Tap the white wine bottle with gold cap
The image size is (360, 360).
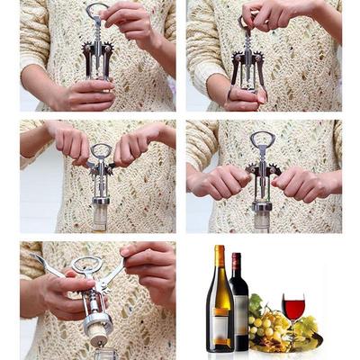tap(220, 306)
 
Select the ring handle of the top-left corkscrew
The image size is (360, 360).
tap(96, 11)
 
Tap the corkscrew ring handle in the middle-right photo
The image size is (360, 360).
tap(263, 139)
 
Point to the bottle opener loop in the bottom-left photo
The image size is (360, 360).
tap(86, 265)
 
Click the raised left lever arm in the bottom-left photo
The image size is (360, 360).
tap(45, 263)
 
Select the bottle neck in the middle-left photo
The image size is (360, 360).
tap(101, 216)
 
